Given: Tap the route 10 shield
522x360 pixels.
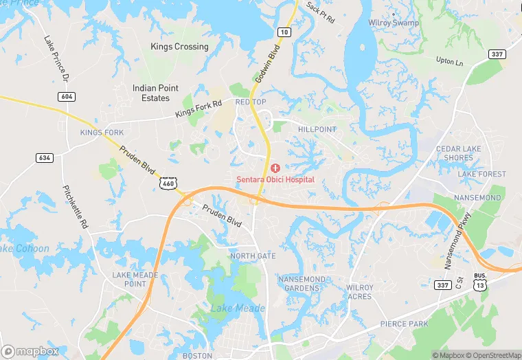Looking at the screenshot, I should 284,32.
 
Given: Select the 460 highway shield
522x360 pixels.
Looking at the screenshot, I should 169,183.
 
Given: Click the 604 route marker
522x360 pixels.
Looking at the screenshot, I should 66,97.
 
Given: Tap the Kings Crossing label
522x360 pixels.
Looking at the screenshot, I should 179,47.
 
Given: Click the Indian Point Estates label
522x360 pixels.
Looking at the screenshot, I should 155,93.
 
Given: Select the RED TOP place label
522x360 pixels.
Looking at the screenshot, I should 250,102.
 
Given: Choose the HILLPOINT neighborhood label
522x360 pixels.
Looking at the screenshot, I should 317,129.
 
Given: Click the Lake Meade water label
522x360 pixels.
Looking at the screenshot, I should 237,308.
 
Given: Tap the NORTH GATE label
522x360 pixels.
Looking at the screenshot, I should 253,256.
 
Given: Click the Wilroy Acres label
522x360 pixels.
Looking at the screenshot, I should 359,292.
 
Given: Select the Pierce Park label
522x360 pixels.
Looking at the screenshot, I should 404,324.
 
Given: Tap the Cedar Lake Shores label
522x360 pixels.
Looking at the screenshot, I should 459,153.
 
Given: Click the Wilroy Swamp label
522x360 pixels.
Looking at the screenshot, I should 394,23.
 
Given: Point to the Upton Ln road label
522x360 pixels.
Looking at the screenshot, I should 450,61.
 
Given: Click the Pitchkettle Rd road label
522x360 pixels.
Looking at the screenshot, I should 76,207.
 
